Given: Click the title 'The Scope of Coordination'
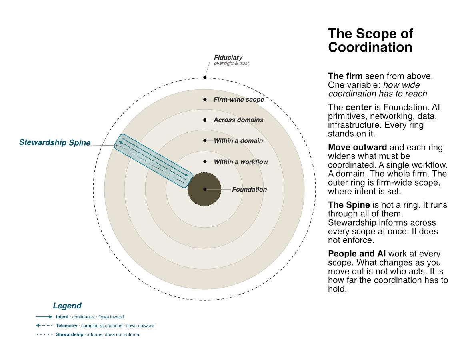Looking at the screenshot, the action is [x=370, y=40].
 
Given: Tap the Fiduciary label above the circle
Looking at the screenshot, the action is [x=228, y=57].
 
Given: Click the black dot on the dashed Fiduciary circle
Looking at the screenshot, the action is [x=205, y=78].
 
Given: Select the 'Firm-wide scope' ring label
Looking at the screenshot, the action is [x=239, y=99].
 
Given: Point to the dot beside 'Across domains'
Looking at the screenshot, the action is [x=205, y=120].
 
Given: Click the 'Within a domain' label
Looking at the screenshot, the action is [x=238, y=140].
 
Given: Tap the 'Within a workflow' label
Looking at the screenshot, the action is [x=241, y=162].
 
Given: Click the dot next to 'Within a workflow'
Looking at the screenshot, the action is [x=205, y=162].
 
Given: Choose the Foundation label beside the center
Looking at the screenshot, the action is [x=249, y=189].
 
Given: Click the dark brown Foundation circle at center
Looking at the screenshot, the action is [x=204, y=189].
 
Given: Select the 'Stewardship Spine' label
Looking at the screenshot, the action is [x=55, y=142].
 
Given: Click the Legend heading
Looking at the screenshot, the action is [x=67, y=306].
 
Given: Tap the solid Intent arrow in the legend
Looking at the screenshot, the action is [x=44, y=317].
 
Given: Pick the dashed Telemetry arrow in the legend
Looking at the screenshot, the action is [x=44, y=325].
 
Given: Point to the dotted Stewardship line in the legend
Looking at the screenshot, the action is [x=44, y=334].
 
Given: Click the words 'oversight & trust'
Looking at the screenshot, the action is [x=231, y=63].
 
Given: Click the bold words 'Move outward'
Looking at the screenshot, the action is [x=357, y=147].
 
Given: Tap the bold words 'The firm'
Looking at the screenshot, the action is [x=345, y=76].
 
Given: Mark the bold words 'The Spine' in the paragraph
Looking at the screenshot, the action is [x=349, y=205].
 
